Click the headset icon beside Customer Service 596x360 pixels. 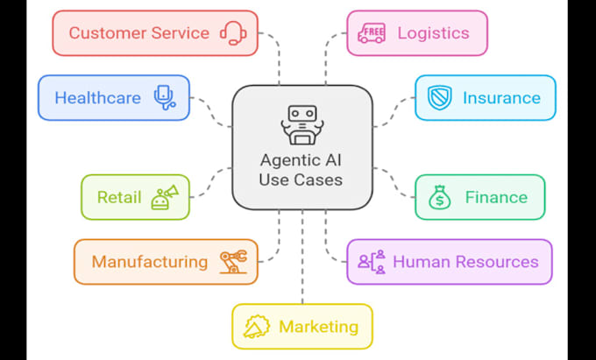click(233, 33)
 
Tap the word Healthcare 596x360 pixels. click(97, 97)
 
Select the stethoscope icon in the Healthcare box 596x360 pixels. click(164, 97)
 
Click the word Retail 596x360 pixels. click(119, 197)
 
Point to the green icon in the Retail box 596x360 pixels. click(164, 196)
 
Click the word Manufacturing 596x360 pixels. click(149, 261)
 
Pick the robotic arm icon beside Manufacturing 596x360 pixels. click(232, 261)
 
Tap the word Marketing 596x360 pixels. click(318, 327)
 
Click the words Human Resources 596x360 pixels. click(465, 261)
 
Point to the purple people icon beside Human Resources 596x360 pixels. click(372, 261)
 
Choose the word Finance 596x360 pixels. click(496, 197)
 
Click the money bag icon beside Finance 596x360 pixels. click(439, 197)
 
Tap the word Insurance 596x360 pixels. click(501, 97)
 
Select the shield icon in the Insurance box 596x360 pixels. click(439, 97)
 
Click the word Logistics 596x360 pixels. click(433, 33)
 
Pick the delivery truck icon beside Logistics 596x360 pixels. click(371, 33)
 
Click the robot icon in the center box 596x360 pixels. click(301, 124)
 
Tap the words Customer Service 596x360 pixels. click(138, 33)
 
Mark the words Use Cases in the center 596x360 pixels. click(302, 180)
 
